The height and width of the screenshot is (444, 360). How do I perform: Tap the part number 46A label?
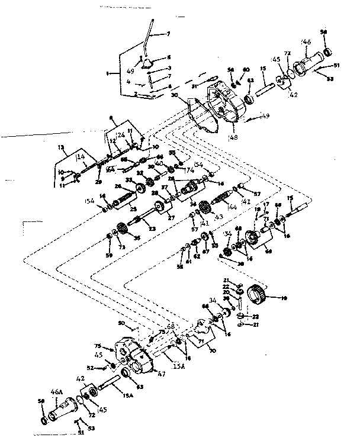tap(57, 392)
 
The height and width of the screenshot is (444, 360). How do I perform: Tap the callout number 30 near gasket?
tap(175, 95)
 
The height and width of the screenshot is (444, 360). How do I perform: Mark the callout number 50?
tap(121, 324)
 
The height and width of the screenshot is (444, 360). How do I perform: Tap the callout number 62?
tap(197, 256)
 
